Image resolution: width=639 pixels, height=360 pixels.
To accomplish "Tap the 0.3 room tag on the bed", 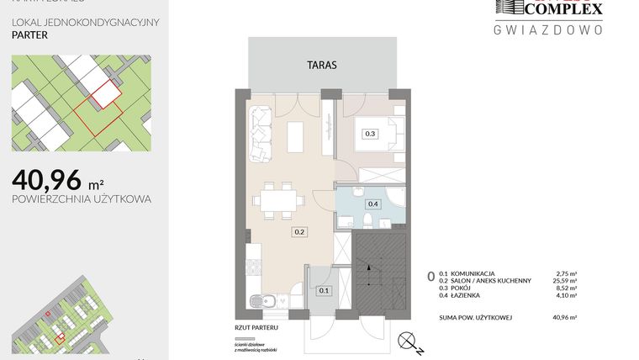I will (x=369, y=133).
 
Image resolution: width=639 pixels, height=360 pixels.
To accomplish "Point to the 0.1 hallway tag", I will (x=325, y=290).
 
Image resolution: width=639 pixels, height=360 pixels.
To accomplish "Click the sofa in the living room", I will (x=261, y=134).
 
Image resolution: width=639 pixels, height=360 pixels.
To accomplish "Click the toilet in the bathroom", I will (x=367, y=220).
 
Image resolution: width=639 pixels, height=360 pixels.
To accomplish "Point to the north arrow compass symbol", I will (x=408, y=341).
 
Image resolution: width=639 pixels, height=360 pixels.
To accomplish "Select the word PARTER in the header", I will (x=29, y=36).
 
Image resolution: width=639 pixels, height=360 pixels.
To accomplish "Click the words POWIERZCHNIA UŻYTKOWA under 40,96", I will (x=82, y=199).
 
